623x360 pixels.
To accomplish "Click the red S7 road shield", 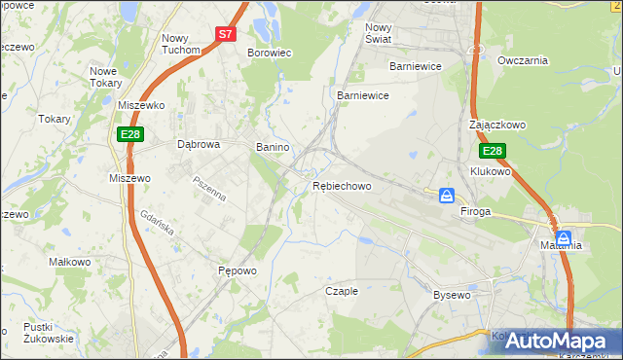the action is (226, 33).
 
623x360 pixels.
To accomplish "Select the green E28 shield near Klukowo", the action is (493, 151).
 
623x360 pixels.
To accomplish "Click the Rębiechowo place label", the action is (342, 186).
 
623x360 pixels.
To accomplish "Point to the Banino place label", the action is (273, 147).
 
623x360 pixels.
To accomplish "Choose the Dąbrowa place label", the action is (199, 144).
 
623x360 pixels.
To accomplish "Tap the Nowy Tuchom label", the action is (181, 44).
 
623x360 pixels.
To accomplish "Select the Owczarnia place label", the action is (523, 60).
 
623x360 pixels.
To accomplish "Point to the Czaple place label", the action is (342, 291).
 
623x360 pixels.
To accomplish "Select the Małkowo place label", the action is (69, 262).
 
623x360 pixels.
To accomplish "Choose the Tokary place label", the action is (55, 119).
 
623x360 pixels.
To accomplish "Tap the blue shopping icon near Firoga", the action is (447, 196).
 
